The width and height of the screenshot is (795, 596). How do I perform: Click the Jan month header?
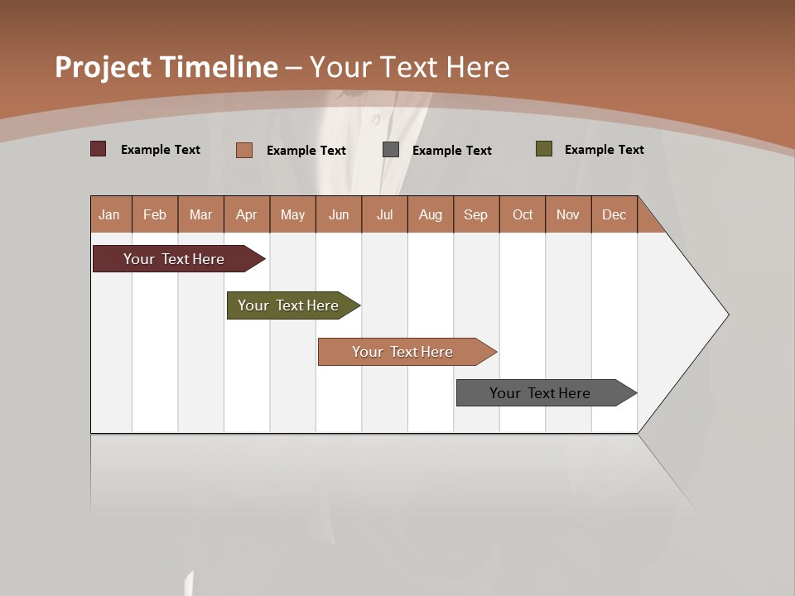point(110,214)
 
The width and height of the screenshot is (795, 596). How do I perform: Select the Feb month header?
point(155,214)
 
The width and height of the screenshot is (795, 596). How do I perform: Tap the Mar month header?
point(200,214)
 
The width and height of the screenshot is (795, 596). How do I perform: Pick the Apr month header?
point(247,214)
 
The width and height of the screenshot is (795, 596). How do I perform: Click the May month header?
point(292,214)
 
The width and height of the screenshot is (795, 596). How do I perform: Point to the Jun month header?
point(339,214)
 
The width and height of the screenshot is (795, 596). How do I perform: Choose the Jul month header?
point(384,214)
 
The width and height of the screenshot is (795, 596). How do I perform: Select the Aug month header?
point(431,214)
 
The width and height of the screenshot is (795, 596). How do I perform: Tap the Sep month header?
point(476,214)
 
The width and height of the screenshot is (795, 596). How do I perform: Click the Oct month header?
point(523,214)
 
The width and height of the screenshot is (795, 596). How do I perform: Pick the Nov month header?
point(568,214)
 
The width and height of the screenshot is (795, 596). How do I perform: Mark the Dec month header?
point(614,214)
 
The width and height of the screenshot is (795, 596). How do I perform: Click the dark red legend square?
point(99,149)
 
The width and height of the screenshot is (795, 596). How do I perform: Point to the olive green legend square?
point(544,149)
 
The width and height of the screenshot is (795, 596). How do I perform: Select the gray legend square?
point(391,150)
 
